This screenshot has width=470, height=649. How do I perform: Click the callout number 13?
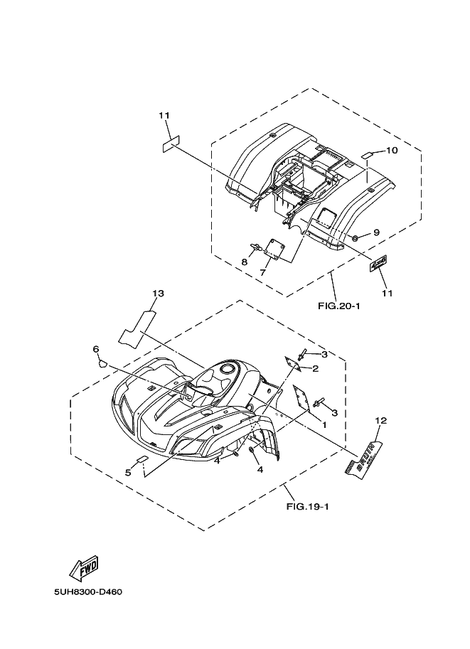coord(158,294)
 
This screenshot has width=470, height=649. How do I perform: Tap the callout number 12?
coord(380,421)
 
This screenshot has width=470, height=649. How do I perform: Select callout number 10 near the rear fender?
coord(392,151)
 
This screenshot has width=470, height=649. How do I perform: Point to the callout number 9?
coord(376,232)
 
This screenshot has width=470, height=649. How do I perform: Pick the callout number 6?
coord(95,348)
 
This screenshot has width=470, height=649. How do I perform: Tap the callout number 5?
coord(128,472)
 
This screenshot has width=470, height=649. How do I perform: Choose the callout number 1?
coord(324,424)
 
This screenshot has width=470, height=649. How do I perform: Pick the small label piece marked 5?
coord(143,459)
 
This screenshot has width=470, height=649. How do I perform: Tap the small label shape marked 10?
coord(368,154)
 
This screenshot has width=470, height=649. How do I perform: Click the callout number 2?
coord(314,368)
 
